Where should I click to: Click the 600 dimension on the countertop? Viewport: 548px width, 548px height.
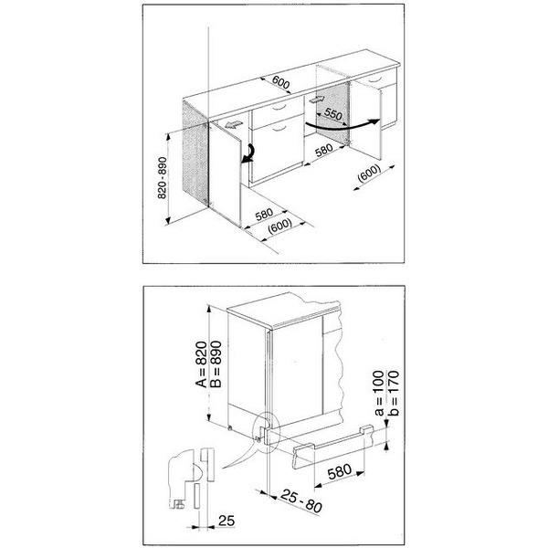point(281,84)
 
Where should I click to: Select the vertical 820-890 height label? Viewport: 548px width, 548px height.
point(162,178)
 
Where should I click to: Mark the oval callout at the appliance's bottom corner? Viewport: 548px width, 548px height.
point(266,434)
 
